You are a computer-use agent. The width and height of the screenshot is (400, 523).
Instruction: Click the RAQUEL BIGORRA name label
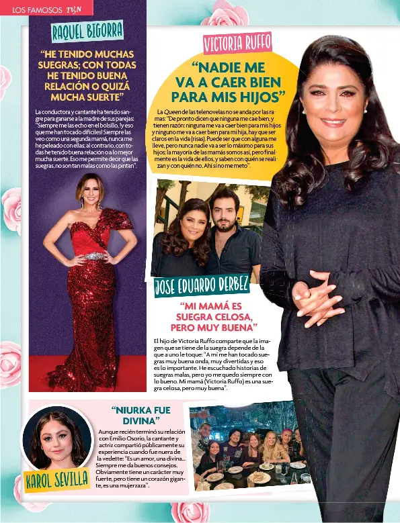pos(87,30)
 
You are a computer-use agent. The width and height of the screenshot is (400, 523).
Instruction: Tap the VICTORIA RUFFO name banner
pos(237,42)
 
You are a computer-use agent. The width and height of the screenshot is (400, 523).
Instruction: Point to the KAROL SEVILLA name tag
pos(58,479)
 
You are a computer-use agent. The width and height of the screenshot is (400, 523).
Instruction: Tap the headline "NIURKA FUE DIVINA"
pos(141,415)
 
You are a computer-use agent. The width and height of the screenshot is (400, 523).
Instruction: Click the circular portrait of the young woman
pos(56,438)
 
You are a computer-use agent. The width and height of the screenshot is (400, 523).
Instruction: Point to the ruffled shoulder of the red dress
pos(118,219)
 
